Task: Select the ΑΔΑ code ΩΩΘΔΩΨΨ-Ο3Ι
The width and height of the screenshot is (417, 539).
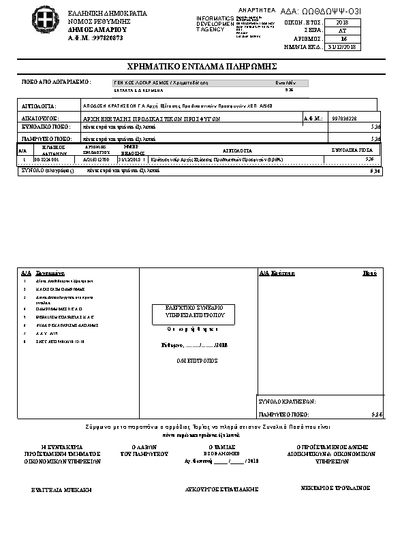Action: [326, 12]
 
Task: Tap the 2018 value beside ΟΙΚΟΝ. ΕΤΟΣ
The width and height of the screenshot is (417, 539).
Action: [342, 22]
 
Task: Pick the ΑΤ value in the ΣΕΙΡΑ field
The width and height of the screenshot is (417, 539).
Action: [342, 31]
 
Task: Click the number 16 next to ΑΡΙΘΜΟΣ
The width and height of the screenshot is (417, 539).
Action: [343, 39]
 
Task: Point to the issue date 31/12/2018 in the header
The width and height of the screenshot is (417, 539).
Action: [342, 47]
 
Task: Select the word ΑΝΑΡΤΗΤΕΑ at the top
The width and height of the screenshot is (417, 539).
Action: [256, 10]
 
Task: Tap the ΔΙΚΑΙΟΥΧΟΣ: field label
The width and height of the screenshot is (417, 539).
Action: [38, 118]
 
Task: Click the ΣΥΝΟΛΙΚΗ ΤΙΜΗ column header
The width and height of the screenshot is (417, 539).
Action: [352, 149]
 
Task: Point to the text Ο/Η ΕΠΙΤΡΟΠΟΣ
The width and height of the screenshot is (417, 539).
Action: [197, 360]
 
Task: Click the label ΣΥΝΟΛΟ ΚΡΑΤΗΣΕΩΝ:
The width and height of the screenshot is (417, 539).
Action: [288, 402]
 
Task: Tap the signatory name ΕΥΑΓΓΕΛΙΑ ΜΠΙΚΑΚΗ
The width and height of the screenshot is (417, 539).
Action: [61, 489]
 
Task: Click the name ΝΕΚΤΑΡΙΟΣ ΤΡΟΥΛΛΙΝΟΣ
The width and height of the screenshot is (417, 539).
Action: [335, 488]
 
